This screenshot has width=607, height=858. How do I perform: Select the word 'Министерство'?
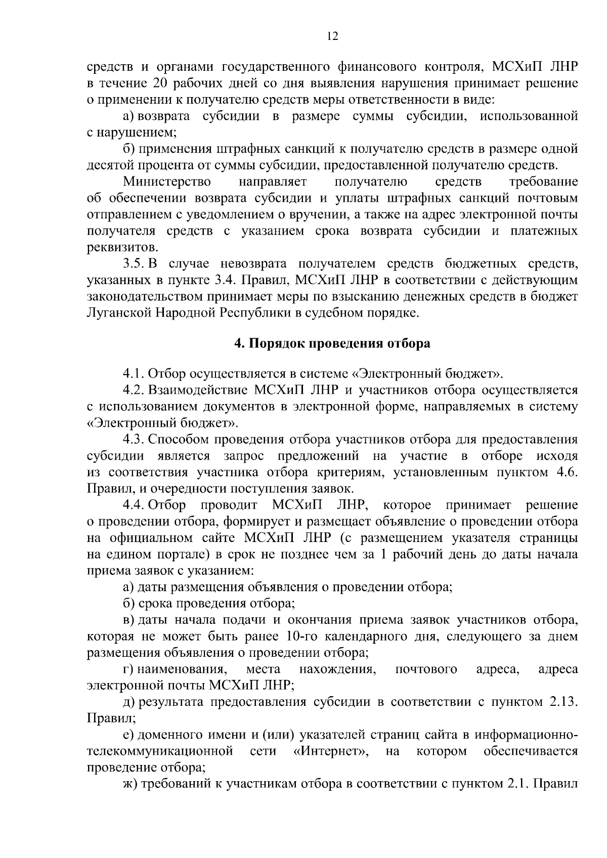tap(167, 182)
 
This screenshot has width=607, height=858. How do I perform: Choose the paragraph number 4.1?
tap(134, 374)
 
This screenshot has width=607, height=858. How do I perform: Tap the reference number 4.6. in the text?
tap(566, 472)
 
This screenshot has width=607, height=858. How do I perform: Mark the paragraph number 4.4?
tap(134, 505)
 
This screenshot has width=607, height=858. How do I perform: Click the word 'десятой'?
tap(111, 165)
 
